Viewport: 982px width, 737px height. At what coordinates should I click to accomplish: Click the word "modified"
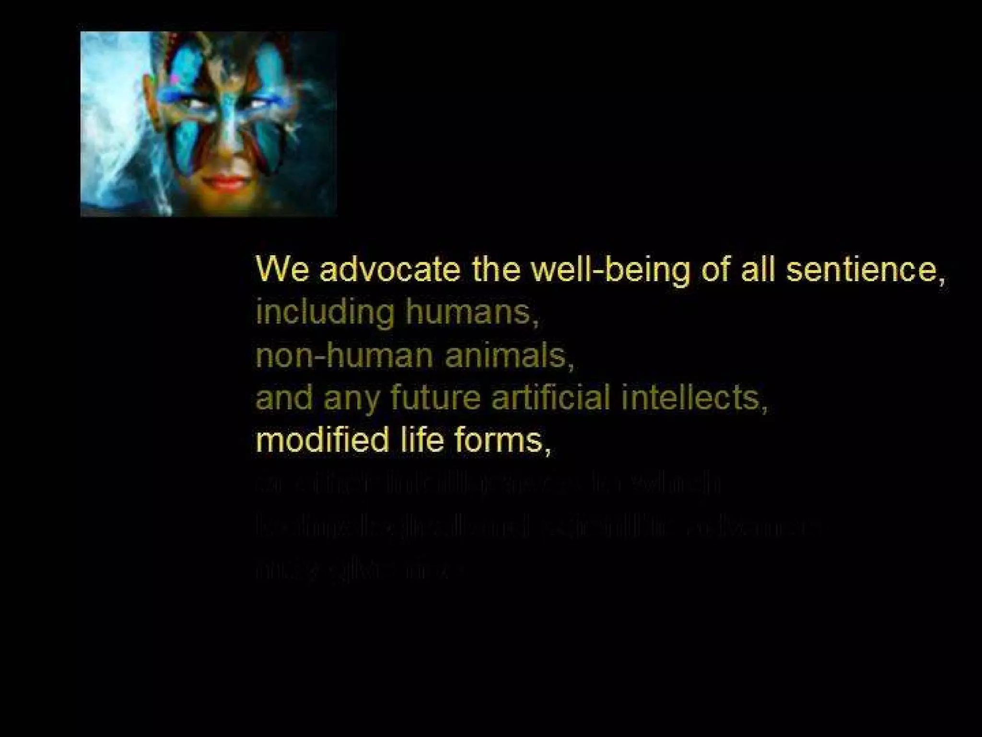pyautogui.click(x=322, y=440)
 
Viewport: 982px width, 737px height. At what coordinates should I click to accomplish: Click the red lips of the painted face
pyautogui.click(x=226, y=183)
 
